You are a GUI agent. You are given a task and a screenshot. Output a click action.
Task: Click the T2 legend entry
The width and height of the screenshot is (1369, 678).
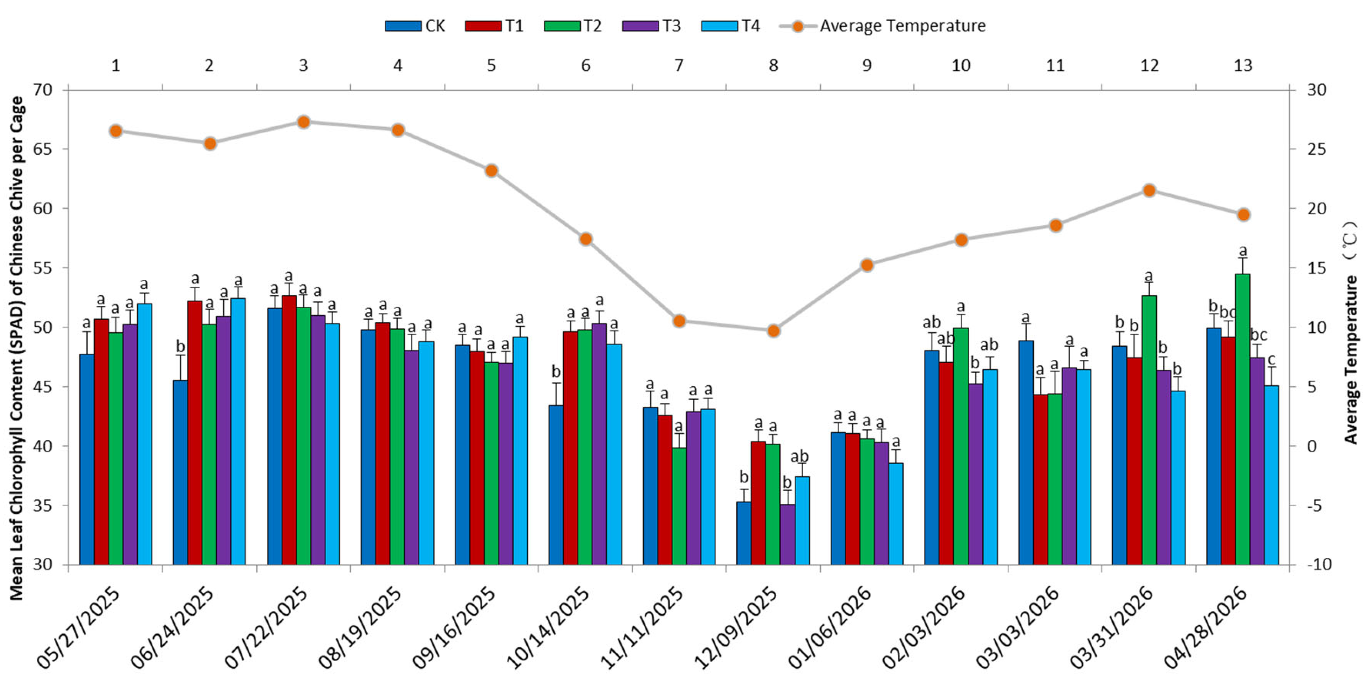(x=572, y=25)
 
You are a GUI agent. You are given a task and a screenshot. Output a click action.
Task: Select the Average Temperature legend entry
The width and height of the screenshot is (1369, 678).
(x=883, y=25)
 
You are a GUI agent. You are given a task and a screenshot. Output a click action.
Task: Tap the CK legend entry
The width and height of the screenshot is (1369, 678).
(x=415, y=25)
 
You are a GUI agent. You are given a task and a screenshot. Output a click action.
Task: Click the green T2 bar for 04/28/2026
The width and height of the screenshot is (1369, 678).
(x=1243, y=419)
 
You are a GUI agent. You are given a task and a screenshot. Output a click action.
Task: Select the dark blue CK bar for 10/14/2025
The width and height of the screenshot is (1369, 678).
(x=556, y=485)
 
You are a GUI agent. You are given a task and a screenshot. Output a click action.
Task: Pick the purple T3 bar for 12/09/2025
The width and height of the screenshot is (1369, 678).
(x=788, y=534)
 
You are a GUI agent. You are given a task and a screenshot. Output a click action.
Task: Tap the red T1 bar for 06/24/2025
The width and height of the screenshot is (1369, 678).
(x=195, y=432)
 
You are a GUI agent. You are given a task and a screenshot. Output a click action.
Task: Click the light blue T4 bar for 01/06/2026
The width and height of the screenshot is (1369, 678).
(x=896, y=514)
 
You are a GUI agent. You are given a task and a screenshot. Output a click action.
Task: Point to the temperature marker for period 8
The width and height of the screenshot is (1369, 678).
(x=773, y=331)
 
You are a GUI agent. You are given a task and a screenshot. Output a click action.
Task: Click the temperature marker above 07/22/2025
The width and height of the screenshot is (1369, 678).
(x=303, y=122)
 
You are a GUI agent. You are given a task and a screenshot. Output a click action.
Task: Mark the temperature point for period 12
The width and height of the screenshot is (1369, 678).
(x=1149, y=191)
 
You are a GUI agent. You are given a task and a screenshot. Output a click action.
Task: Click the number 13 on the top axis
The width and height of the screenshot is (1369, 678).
(x=1243, y=65)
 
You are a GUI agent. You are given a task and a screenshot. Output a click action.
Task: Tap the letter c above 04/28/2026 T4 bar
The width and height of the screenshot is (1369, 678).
(x=1272, y=360)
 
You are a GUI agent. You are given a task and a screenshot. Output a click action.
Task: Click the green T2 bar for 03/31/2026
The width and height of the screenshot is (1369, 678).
(x=1149, y=430)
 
